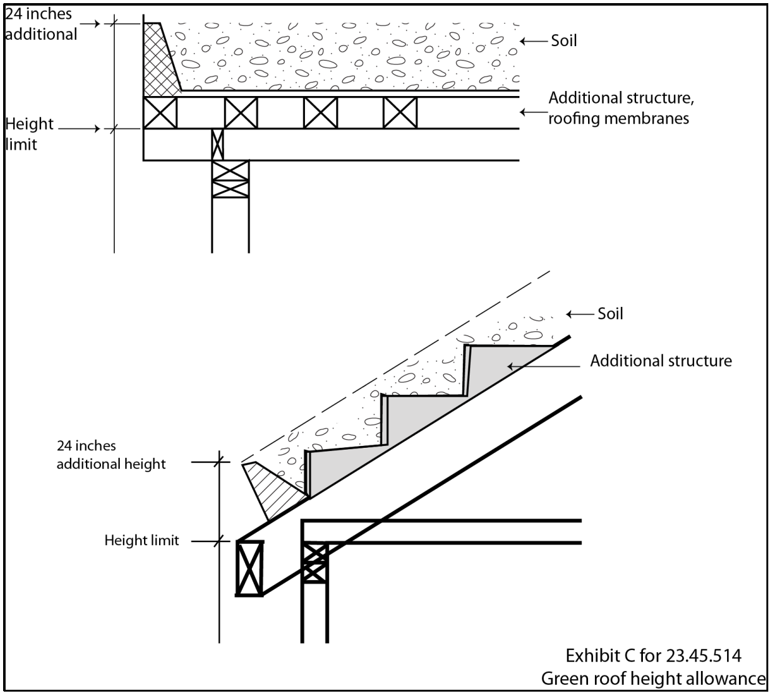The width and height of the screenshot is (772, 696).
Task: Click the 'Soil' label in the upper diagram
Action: click(x=564, y=41)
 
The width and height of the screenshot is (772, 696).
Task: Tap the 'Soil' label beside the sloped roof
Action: click(x=610, y=313)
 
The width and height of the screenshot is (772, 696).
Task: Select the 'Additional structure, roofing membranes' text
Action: click(x=620, y=108)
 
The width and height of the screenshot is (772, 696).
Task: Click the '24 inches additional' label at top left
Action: click(x=41, y=24)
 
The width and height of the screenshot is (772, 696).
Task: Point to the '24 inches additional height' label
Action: click(x=111, y=455)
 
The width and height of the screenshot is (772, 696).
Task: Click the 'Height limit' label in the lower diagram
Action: click(x=142, y=540)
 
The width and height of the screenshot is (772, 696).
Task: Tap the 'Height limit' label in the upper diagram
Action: click(x=29, y=134)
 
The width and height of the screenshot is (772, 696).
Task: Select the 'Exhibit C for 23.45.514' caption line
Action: click(x=653, y=656)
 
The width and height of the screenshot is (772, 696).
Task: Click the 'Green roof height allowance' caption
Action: click(x=653, y=679)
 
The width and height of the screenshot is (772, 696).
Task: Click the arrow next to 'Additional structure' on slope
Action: click(x=517, y=365)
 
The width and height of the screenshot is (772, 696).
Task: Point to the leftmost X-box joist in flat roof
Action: click(x=160, y=113)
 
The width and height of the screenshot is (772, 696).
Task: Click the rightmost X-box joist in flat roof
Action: click(x=400, y=113)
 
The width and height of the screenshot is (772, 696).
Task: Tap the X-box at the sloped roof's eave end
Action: click(x=249, y=568)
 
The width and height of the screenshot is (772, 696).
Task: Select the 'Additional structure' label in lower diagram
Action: click(x=661, y=360)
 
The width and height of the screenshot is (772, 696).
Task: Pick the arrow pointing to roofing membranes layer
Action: click(x=533, y=112)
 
